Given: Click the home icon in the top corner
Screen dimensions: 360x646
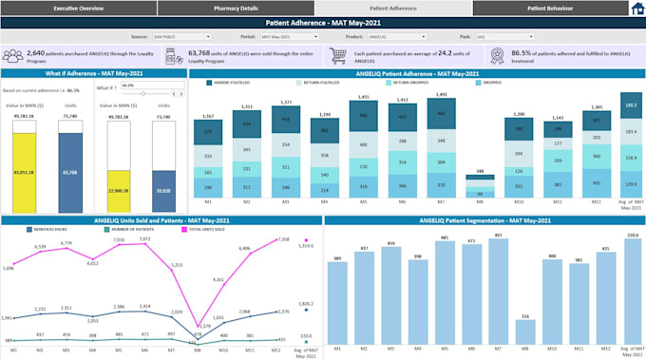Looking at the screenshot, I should [x=636, y=9].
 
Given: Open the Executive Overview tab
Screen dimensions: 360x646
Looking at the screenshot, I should [x=78, y=8].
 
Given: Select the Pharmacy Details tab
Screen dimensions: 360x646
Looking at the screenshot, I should [x=237, y=8].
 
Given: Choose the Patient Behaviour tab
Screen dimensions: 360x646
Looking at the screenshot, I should [x=548, y=8].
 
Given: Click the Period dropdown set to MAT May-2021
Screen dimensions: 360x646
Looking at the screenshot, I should [x=291, y=36].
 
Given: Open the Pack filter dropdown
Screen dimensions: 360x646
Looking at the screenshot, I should [x=512, y=36].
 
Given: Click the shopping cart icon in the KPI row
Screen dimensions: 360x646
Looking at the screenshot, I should [x=339, y=57].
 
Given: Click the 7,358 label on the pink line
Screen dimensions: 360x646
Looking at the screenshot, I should [x=283, y=239].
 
